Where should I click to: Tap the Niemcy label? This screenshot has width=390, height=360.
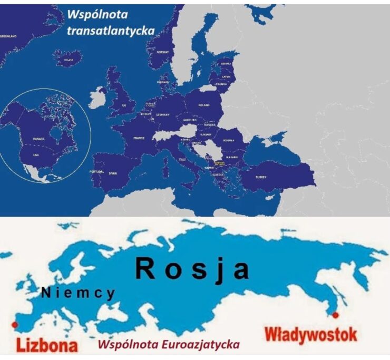78,293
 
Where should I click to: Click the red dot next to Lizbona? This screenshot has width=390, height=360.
14,324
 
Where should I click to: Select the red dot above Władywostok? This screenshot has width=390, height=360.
334,315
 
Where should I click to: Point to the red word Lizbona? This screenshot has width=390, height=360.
47,345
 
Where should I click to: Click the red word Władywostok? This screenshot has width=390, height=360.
310,334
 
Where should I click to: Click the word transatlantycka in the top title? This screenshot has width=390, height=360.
111,31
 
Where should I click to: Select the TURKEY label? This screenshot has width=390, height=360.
262,178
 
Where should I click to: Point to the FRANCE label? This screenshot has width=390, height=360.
139,138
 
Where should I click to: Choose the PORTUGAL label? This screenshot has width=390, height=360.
97,172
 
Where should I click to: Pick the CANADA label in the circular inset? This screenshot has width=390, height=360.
39,139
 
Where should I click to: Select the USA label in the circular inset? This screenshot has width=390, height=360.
36,155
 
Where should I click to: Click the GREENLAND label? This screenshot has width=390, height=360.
9,36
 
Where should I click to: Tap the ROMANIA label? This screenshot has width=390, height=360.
228,141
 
